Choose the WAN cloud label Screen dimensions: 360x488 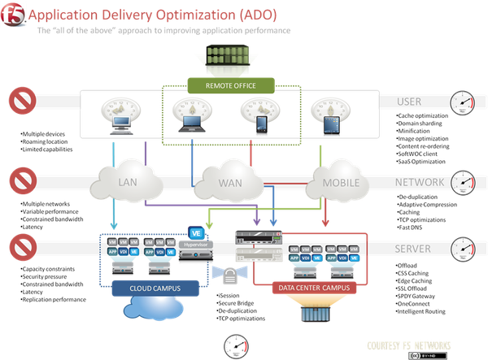click(x=229, y=184)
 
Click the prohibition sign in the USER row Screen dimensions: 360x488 click(x=22, y=103)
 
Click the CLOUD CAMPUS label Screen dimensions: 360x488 click(x=152, y=288)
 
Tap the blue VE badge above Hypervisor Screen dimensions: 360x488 click(x=194, y=233)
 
